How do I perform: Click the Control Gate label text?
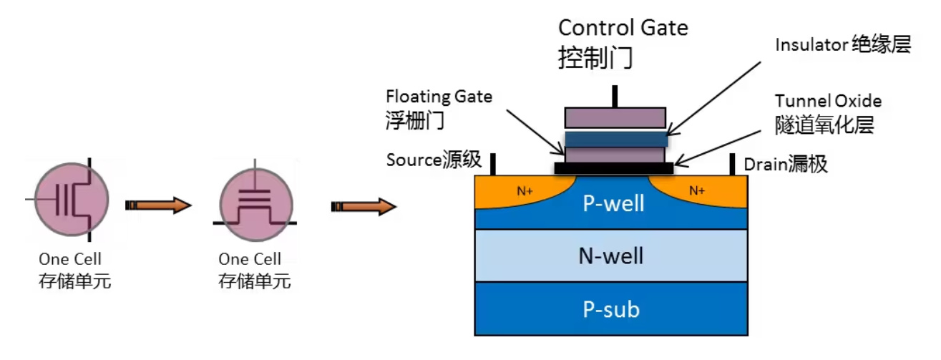pos(623,29)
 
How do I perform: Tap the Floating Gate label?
pos(439,97)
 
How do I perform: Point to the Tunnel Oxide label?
pos(828,101)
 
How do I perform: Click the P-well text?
pos(613,203)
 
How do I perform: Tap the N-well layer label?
pos(611,256)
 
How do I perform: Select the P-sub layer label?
pos(611,309)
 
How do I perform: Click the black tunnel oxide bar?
pos(613,168)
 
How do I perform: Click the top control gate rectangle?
pos(615,117)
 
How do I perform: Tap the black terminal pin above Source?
pos(493,164)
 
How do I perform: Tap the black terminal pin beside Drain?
pos(731,164)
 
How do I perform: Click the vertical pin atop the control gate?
pos(614,97)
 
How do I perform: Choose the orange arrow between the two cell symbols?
pos(159,206)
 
